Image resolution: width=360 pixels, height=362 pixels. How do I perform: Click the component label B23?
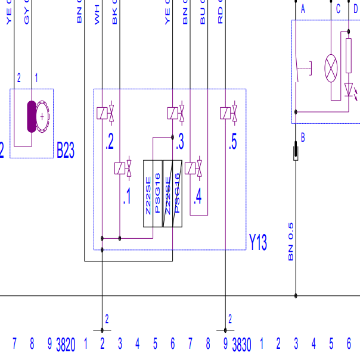coord(66,150)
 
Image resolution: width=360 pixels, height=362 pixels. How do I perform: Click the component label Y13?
coord(257,242)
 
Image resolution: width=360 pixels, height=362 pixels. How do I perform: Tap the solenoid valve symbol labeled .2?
coord(105,113)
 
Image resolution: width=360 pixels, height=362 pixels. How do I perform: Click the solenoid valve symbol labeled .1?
coord(123,168)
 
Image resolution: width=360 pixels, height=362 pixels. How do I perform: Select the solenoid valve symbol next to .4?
coord(194,168)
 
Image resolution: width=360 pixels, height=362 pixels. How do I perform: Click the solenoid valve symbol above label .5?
coord(229,113)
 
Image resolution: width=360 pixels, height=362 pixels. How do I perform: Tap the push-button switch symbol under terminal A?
coord(301,68)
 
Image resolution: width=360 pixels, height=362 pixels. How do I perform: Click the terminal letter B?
coord(303,138)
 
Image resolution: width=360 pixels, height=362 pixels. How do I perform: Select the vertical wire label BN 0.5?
coord(291,242)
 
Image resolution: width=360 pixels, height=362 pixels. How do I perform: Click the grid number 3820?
coord(66,344)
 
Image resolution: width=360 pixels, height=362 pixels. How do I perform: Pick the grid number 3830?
coord(242,344)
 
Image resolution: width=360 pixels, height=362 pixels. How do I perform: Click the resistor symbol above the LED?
coord(349,56)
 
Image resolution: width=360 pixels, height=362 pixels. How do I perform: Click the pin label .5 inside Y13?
coord(232,142)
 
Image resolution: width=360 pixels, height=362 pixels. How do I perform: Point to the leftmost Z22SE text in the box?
coord(148,197)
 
